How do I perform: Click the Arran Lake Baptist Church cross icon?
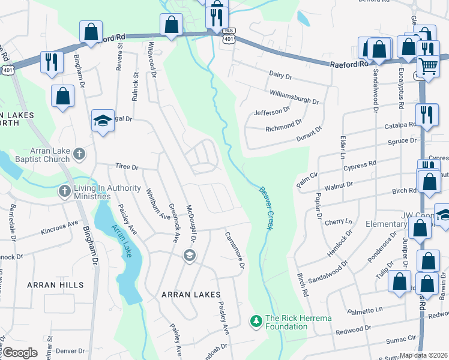pos(79,155)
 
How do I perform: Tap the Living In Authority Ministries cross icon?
pos(65,191)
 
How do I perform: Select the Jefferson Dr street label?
pos(271,111)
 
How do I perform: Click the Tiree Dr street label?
pos(127,167)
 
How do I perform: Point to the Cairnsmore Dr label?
pos(235,250)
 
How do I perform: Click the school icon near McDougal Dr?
pos(190,256)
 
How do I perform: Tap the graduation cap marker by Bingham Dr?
pos(103,120)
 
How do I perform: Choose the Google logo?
pos(20,353)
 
